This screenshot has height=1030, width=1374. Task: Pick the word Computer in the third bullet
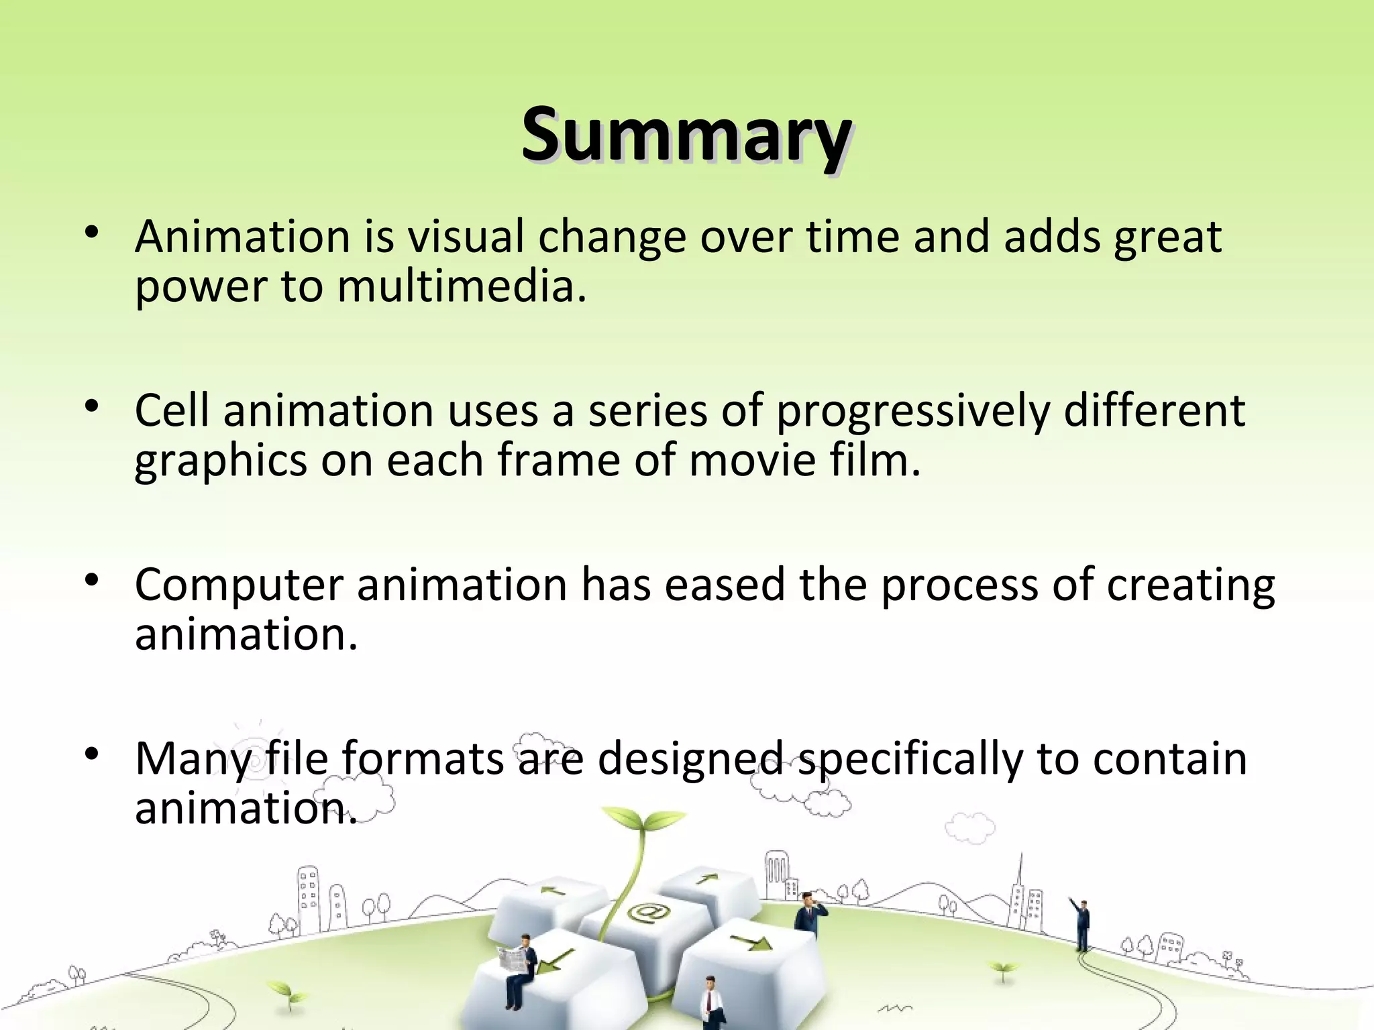pos(239,585)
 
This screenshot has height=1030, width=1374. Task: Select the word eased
pos(725,585)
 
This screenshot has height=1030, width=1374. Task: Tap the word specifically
pos(910,760)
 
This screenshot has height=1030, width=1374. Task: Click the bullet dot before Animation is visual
pos(92,233)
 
